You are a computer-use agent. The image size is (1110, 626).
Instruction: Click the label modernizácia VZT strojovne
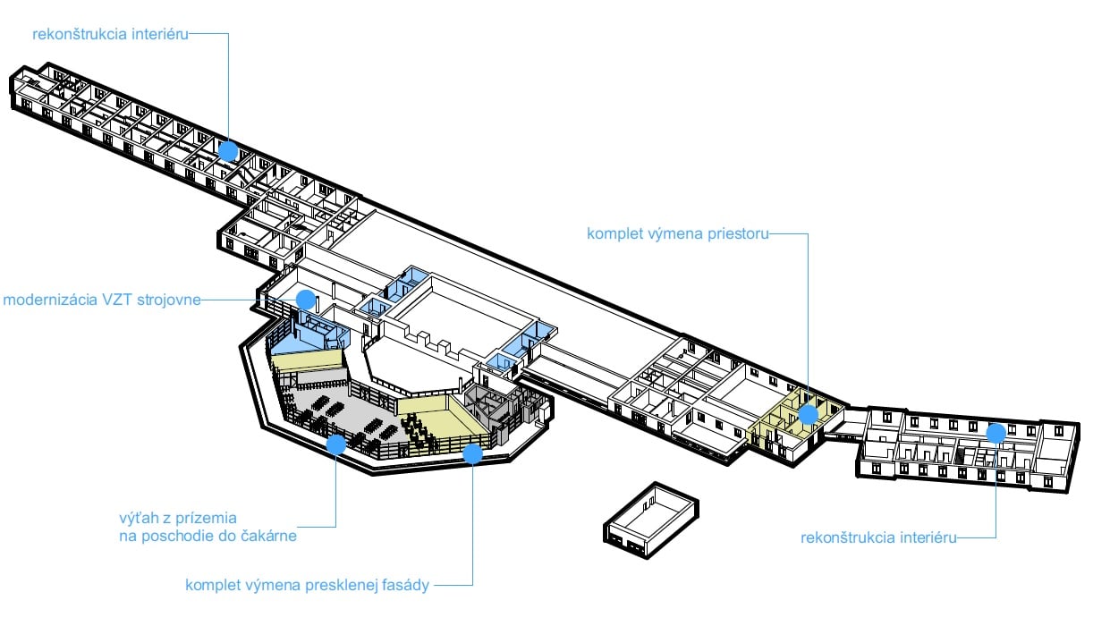[x=101, y=300]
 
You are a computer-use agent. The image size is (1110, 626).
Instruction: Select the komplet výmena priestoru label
[x=676, y=234]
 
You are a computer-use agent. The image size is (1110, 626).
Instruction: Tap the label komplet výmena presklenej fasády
[x=308, y=586]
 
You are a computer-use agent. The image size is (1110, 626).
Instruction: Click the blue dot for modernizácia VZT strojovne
[x=306, y=299]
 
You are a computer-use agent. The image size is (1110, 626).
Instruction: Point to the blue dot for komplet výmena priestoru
[x=808, y=414]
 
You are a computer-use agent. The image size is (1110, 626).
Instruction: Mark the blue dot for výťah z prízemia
[x=336, y=444]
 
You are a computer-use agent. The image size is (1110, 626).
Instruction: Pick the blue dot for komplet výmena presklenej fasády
[x=472, y=453]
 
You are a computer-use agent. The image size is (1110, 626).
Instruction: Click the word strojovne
[x=171, y=300]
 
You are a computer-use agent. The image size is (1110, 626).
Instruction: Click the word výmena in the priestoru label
[x=670, y=234]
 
